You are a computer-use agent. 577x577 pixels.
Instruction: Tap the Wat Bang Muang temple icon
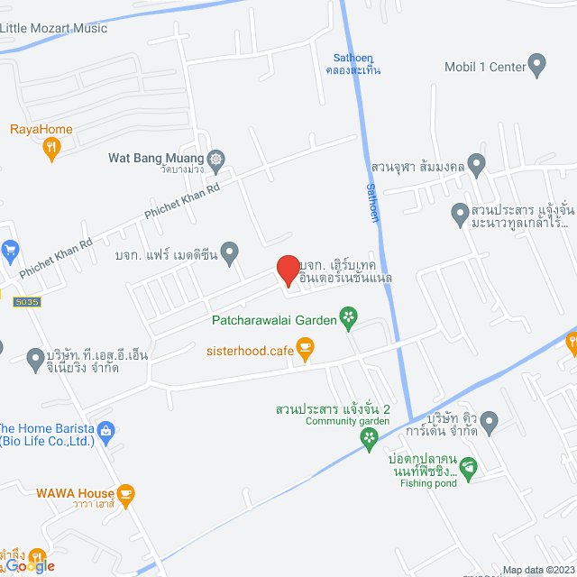(216, 158)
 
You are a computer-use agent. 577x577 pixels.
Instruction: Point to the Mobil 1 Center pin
(537, 66)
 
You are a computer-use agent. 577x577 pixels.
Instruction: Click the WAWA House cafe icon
(126, 493)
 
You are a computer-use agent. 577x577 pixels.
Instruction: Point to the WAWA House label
(75, 493)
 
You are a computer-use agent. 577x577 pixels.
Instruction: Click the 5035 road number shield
(26, 303)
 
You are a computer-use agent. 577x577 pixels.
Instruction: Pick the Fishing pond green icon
(468, 467)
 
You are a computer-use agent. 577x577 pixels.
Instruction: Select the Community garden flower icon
(368, 439)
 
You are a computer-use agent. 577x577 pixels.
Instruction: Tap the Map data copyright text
(538, 569)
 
